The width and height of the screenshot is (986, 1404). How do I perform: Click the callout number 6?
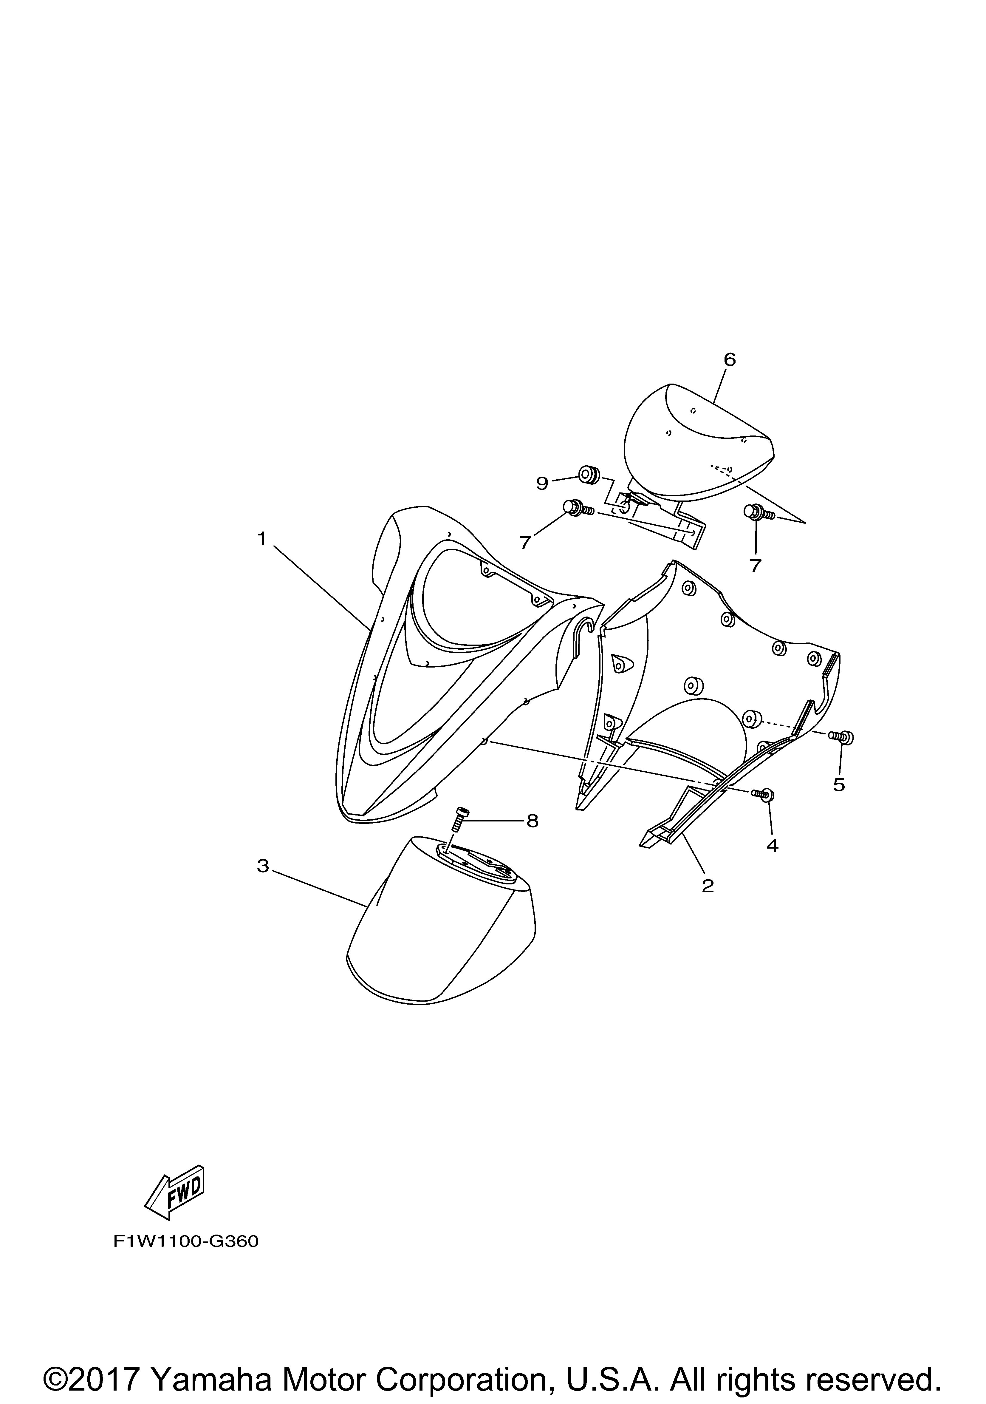730,359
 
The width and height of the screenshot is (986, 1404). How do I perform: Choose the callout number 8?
533,821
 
